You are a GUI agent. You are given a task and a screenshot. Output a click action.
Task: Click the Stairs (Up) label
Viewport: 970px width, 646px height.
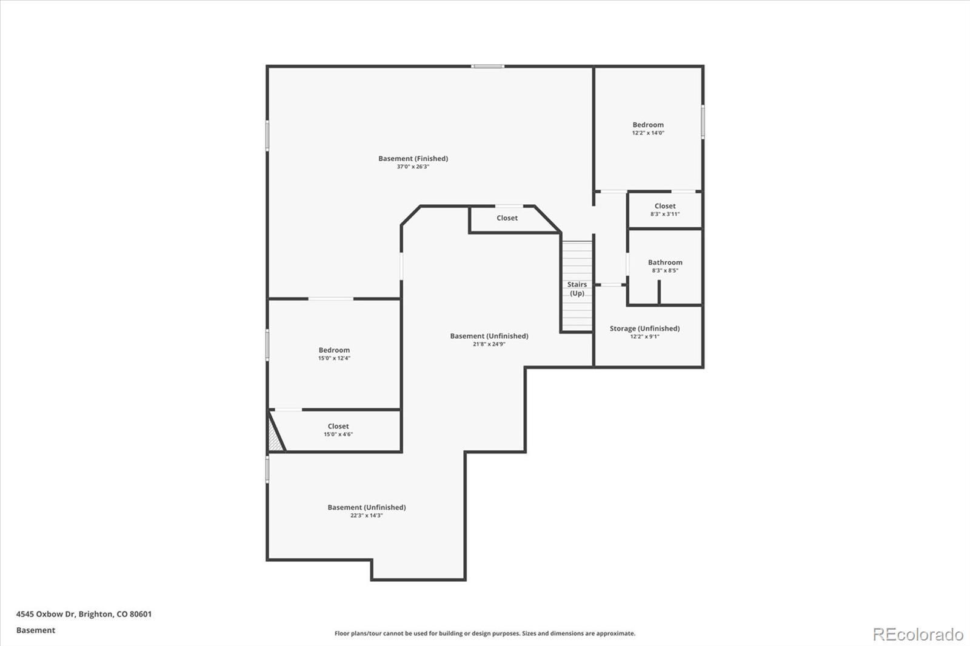tap(577, 289)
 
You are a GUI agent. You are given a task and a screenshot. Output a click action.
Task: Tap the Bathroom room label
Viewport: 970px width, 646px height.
tap(665, 262)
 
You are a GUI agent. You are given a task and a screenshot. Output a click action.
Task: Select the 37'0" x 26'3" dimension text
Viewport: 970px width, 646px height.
tap(413, 167)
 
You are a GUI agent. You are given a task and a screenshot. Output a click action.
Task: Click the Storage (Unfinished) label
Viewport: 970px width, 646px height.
tap(645, 328)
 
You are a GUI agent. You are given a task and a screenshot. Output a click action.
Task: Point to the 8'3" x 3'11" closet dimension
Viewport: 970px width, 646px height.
tap(665, 214)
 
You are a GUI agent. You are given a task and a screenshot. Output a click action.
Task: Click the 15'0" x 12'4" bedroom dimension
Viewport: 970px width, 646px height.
tap(334, 358)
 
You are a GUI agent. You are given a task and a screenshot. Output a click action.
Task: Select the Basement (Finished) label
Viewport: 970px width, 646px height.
tap(413, 158)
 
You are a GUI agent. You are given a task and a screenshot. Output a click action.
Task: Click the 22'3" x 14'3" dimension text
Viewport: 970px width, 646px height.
tap(366, 515)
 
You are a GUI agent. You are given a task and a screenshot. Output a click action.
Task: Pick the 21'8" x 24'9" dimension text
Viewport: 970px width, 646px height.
tap(489, 344)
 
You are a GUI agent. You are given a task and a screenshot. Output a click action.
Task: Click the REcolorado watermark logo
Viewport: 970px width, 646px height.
tap(918, 634)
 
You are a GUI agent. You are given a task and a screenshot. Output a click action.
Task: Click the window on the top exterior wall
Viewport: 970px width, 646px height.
tap(487, 66)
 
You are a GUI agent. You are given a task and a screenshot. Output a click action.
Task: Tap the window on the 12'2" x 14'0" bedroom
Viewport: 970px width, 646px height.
tap(703, 122)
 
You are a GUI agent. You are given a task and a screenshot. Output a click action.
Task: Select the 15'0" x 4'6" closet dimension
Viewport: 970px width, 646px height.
tap(338, 435)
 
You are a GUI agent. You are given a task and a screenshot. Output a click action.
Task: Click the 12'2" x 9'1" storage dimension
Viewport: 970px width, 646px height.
tap(645, 336)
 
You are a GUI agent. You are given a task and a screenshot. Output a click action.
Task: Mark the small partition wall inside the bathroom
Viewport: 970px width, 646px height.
tap(659, 292)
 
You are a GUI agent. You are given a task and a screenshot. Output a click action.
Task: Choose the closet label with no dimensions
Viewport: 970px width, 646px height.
tap(507, 218)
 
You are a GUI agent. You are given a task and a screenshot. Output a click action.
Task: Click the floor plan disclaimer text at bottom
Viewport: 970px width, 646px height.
tap(485, 633)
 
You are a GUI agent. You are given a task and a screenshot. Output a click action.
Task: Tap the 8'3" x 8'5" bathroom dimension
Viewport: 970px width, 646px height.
tap(665, 271)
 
